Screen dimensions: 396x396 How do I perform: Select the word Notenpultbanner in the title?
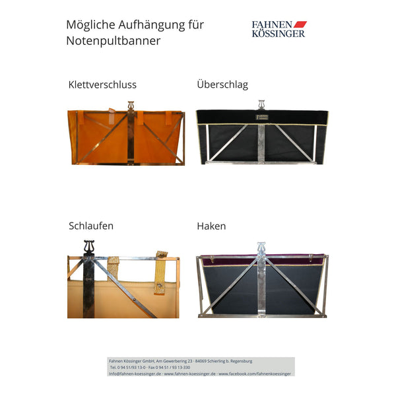(x=113, y=41)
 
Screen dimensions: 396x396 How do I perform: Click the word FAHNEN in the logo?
(x=272, y=25)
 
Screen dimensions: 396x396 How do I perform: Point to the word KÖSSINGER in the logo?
(x=279, y=33)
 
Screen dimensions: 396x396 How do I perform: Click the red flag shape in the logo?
(x=300, y=24)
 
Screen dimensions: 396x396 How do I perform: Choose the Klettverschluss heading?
(x=102, y=84)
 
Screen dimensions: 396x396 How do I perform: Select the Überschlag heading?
(x=222, y=84)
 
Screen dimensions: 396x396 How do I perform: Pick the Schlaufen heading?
(x=91, y=226)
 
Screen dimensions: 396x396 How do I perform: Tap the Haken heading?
(x=211, y=226)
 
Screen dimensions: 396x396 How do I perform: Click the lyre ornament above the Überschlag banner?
(x=261, y=104)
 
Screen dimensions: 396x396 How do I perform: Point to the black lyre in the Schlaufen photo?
(x=89, y=247)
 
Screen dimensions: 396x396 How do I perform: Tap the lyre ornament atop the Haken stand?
(x=261, y=247)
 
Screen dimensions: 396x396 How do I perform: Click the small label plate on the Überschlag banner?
(x=261, y=119)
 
